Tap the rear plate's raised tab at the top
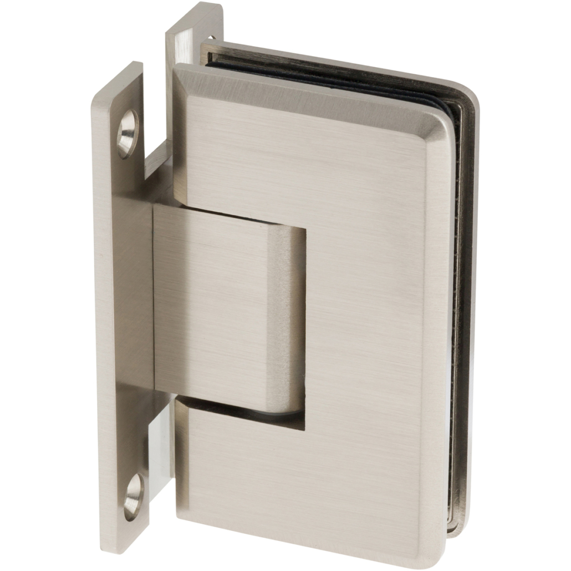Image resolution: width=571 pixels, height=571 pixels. (194, 17)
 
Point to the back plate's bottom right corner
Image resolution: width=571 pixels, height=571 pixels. (463, 532)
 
